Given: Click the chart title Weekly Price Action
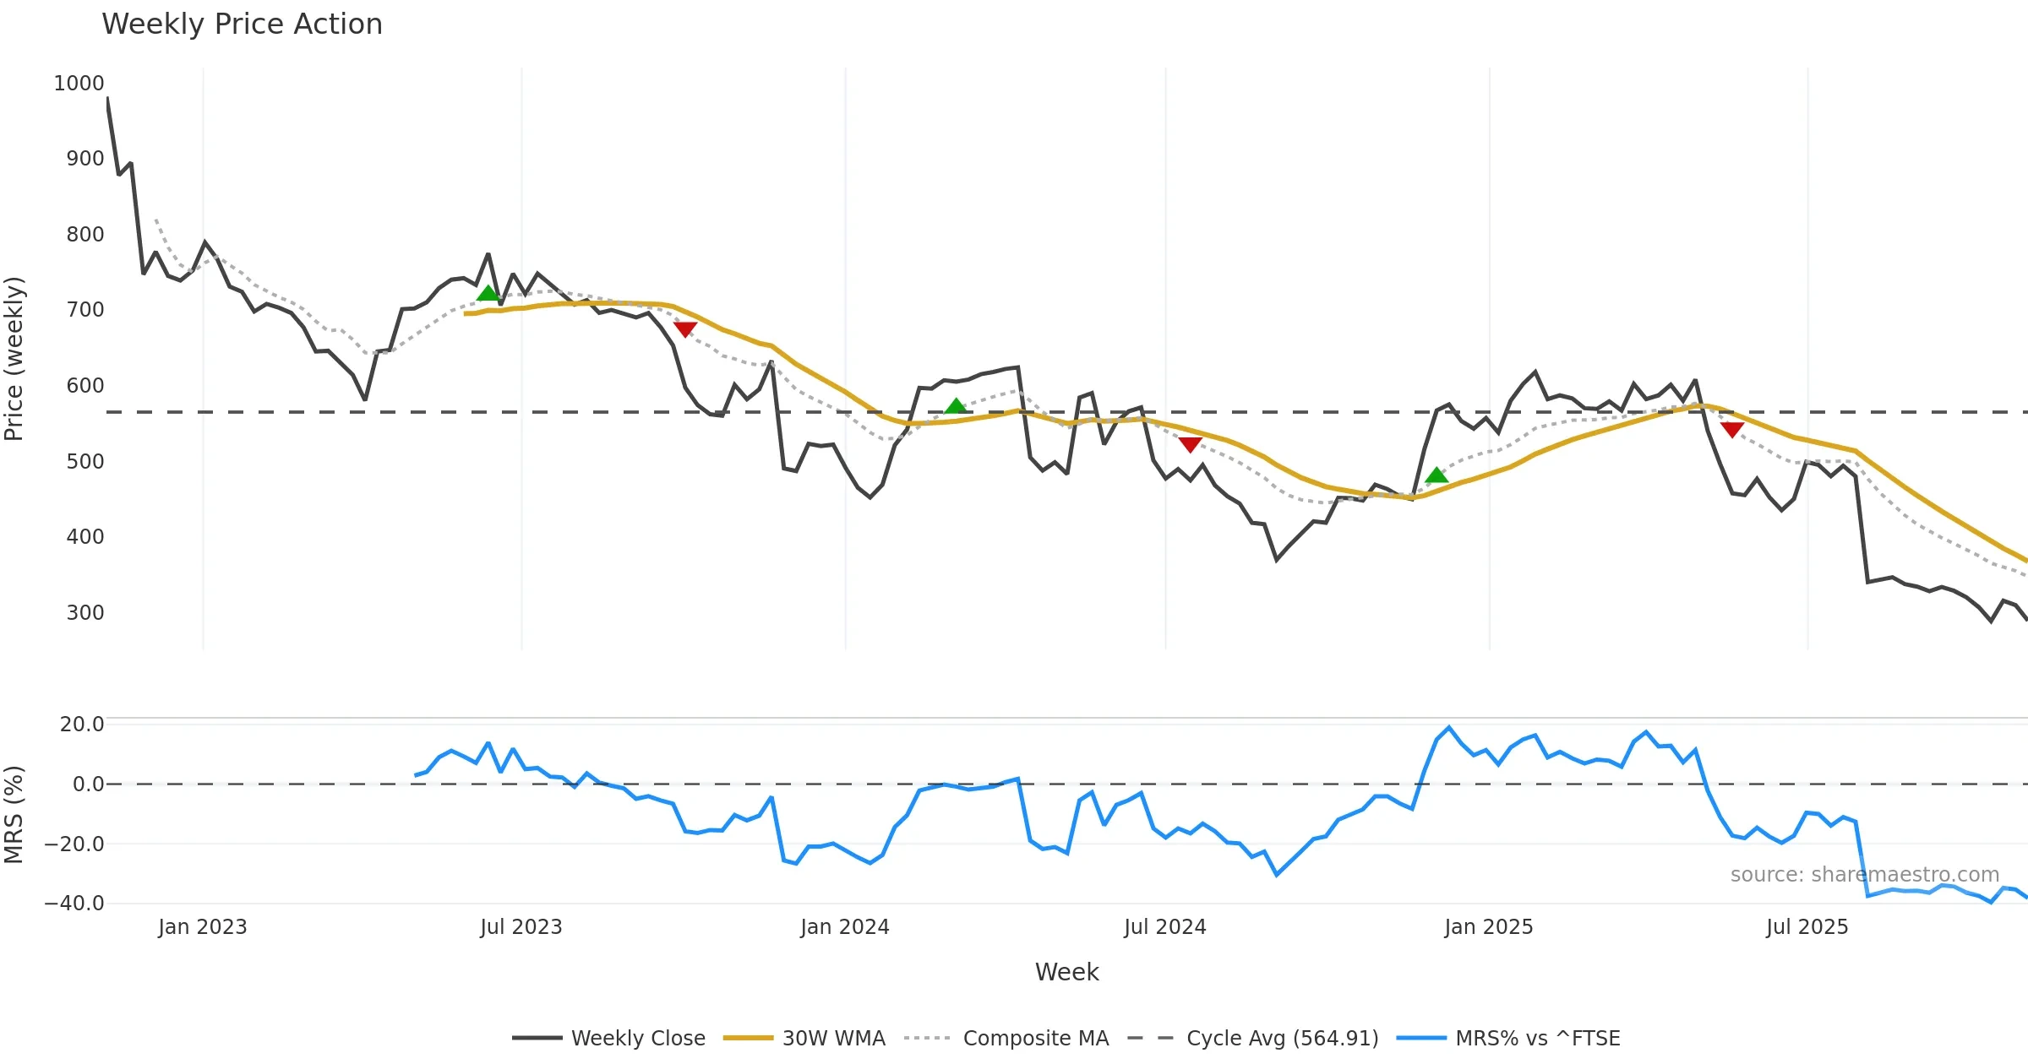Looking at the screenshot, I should coord(242,24).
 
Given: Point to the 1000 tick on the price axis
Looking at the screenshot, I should coord(79,84).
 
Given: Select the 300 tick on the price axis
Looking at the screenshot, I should coord(84,612).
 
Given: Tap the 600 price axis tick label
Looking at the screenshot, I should coord(84,386).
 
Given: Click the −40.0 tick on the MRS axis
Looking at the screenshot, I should coord(74,903).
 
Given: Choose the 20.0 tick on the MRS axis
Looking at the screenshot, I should coord(82,724).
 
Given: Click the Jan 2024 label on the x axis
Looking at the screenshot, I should coord(845,927).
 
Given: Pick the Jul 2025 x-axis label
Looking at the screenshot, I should coord(1807,927).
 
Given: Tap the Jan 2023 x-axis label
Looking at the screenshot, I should coord(203,927).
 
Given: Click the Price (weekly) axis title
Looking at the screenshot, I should coord(14,359).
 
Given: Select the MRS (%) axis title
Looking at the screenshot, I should coord(14,814).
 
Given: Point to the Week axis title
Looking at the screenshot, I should coord(1066,973).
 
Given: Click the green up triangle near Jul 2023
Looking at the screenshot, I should coord(488,293).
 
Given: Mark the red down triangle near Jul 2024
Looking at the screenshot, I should coord(1190,444).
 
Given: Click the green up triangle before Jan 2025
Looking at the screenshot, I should coord(1436,475).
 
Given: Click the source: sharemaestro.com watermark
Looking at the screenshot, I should coord(1865,875).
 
